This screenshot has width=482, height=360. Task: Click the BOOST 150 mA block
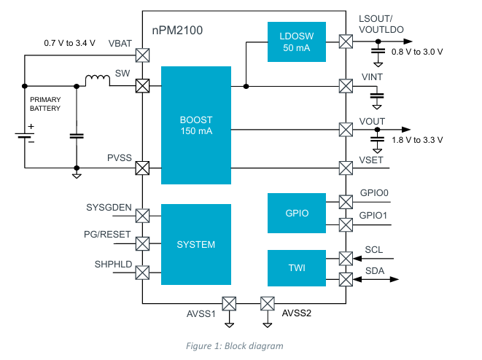(195, 125)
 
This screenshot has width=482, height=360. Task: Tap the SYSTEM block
(195, 244)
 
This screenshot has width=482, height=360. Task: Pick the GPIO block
(295, 214)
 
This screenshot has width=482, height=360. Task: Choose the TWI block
(295, 268)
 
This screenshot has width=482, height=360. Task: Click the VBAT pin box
(143, 55)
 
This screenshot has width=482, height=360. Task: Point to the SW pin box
(143, 86)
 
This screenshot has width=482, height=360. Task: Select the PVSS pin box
(143, 168)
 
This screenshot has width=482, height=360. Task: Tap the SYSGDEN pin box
(143, 215)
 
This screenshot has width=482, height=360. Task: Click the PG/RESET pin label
(108, 235)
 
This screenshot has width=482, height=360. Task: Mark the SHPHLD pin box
(143, 272)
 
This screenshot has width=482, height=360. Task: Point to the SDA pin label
(375, 271)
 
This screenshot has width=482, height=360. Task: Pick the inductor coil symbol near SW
(98, 80)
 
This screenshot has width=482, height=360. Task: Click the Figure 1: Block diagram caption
(241, 345)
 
